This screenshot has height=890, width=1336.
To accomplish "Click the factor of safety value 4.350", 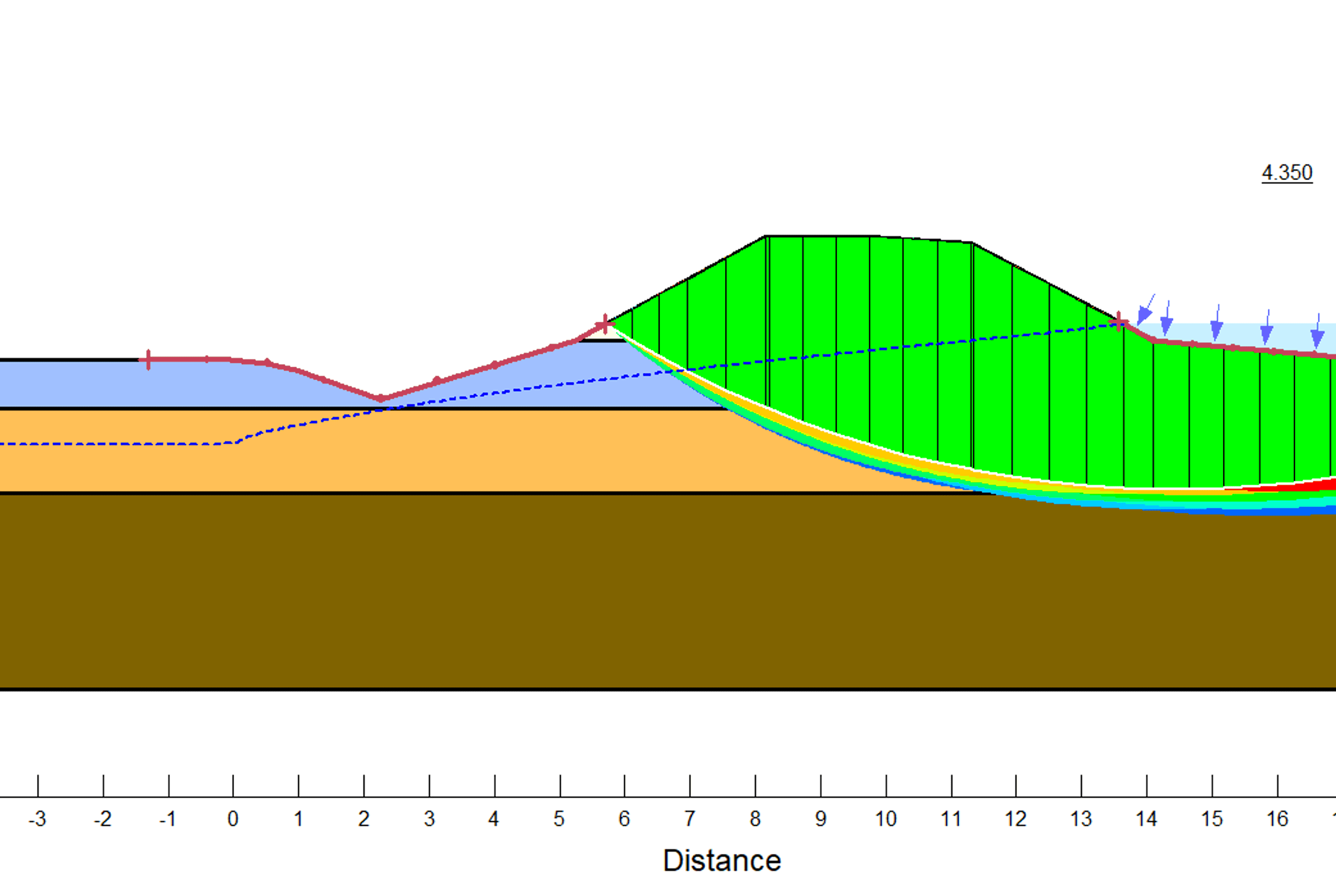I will (1287, 172).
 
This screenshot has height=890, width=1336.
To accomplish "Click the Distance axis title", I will (722, 860).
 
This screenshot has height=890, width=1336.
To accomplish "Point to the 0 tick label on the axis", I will (233, 818).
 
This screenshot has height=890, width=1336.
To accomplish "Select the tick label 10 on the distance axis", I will (885, 818).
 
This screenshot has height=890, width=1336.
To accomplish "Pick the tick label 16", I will (1277, 818).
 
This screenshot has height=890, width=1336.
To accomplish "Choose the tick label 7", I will (690, 818).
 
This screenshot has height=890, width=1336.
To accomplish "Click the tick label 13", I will (1081, 818).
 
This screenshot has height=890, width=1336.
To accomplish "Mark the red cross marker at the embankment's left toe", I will (605, 325).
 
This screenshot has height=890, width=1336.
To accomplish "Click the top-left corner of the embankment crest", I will (765, 236).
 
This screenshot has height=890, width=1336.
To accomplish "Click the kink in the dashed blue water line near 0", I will (236, 442).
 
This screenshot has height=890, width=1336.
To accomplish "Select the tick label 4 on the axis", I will (494, 818).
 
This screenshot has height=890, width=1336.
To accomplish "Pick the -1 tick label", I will (168, 818).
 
